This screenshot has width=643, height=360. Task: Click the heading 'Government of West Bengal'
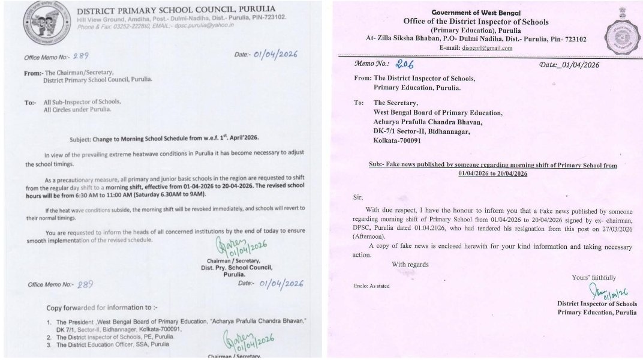pos(476,13)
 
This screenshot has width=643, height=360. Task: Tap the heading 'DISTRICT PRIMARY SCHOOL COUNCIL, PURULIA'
pos(177,9)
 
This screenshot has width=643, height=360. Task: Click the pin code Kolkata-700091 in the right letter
pos(398,141)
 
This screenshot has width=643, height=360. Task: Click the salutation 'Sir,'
pos(359,196)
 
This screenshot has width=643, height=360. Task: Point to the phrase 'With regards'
pos(411,264)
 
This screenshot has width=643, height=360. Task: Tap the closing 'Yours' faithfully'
pos(594,277)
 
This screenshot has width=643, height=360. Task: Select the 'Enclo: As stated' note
pos(372,286)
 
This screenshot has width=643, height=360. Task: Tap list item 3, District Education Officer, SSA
pos(127,344)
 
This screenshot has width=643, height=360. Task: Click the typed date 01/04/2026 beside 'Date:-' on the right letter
pos(580,65)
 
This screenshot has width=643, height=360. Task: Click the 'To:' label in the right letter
pos(359,103)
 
